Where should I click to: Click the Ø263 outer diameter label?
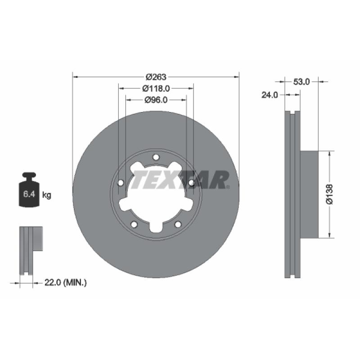click(156, 77)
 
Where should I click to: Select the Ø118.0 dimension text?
click(156, 88)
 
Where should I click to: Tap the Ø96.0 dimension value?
click(156, 100)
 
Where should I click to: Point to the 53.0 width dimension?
click(301, 82)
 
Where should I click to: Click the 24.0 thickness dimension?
click(270, 95)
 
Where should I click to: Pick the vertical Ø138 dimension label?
click(329, 194)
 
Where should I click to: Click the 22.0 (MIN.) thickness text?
click(65, 283)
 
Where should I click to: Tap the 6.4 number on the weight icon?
click(29, 194)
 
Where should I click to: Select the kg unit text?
click(47, 195)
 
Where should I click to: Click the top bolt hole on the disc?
click(156, 157)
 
